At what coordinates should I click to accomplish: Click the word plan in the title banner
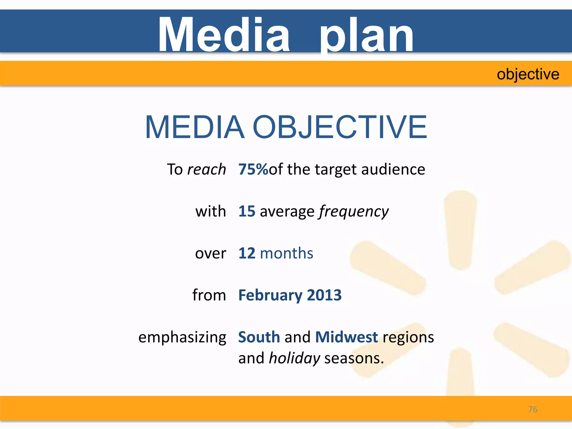pos(366,36)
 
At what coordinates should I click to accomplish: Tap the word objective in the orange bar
pos(528,74)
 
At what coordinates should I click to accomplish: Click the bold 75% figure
pos(253,169)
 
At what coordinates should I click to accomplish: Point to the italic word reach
pos(206,170)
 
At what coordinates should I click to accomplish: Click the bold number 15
pos(247,211)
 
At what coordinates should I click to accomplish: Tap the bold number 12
pos(247,253)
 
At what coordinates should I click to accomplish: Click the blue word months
pos(287,253)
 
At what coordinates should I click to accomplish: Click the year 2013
pos(324,295)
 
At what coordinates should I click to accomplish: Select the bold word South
pos(259,337)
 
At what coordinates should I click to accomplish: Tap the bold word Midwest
pos(346,337)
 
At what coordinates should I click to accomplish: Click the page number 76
pos(533,409)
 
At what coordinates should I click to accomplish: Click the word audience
pos(393,170)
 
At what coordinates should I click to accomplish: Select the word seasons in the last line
pos(354,358)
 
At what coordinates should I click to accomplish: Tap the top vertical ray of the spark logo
pos(461,229)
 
